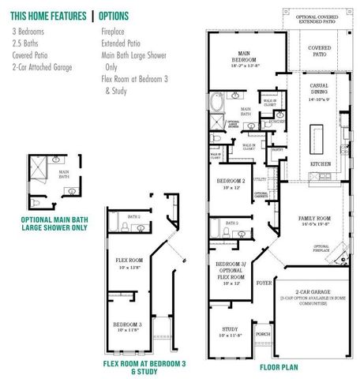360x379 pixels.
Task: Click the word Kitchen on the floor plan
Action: (x=320, y=163)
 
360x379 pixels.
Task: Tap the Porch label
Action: (x=263, y=334)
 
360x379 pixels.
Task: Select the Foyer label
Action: (x=263, y=280)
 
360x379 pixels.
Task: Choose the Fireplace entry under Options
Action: (x=114, y=31)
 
